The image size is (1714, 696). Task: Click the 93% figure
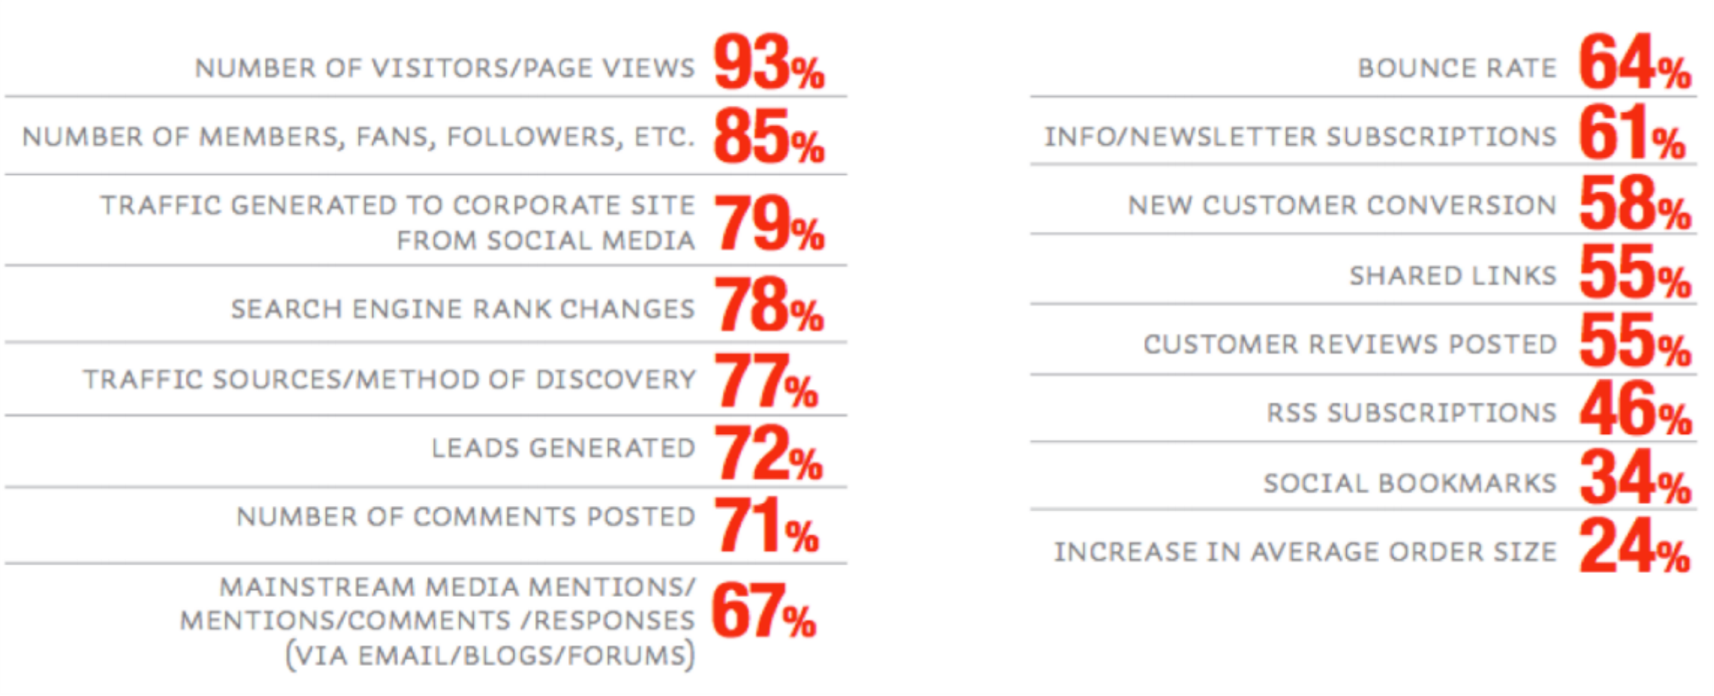tap(768, 63)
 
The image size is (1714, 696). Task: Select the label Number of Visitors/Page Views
tap(444, 68)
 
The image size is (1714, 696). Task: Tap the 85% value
tap(768, 137)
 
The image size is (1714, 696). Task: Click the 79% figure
tap(768, 224)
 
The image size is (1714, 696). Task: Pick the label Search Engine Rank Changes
tap(462, 309)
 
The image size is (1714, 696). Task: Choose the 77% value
tap(766, 381)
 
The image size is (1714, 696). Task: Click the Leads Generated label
tap(563, 448)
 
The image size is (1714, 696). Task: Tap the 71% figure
tap(766, 526)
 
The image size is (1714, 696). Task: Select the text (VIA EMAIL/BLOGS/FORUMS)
tap(490, 655)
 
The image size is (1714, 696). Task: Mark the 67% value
tap(763, 613)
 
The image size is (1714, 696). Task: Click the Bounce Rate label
tap(1456, 68)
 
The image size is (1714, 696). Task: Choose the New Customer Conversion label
tap(1342, 206)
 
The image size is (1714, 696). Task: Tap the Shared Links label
tap(1453, 276)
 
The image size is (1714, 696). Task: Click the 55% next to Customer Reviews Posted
tap(1634, 342)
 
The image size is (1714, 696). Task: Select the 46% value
tap(1634, 411)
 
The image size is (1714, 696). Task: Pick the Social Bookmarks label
tap(1410, 483)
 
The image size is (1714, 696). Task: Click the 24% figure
tap(1634, 548)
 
